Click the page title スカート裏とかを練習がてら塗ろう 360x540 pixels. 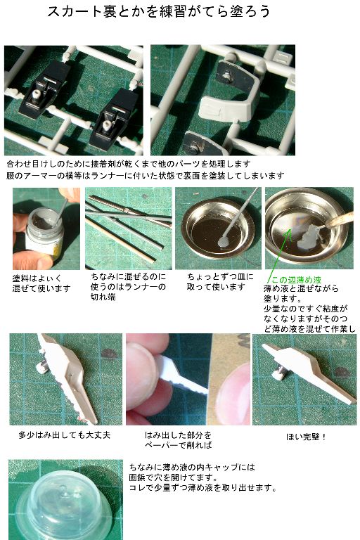(158, 11)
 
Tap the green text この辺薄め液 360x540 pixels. (296, 280)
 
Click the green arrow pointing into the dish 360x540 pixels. (279, 255)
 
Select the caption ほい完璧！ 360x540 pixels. (306, 437)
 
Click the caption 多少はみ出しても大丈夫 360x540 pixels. (65, 435)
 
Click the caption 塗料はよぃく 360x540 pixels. (37, 278)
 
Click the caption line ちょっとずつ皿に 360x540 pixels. (220, 276)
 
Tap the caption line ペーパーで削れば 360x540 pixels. (178, 445)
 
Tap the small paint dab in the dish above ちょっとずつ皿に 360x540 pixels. (224, 243)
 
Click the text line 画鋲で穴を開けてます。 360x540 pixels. (173, 477)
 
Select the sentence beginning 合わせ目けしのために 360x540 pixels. (128, 164)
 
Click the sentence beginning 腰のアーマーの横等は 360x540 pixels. (145, 176)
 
